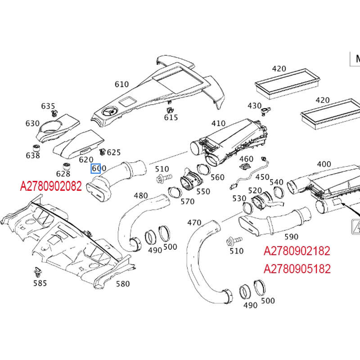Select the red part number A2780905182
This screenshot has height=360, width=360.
[x=297, y=269]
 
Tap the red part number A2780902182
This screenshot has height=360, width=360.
[x=297, y=251]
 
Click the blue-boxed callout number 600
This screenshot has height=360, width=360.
[x=99, y=169]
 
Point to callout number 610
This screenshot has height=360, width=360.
[x=121, y=84]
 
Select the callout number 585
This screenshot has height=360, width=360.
[x=40, y=283]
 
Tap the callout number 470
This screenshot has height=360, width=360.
[x=194, y=222]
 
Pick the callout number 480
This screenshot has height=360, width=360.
[x=140, y=196]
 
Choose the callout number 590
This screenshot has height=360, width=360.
[x=291, y=237]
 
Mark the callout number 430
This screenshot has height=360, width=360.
[x=254, y=105]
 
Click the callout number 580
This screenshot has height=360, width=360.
[x=122, y=283]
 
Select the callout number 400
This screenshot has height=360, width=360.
[x=324, y=164]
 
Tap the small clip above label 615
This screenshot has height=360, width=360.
[x=170, y=109]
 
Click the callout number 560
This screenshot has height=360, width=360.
[x=217, y=177]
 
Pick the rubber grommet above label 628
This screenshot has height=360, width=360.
[x=65, y=165]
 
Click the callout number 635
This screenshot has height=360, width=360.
[x=48, y=106]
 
